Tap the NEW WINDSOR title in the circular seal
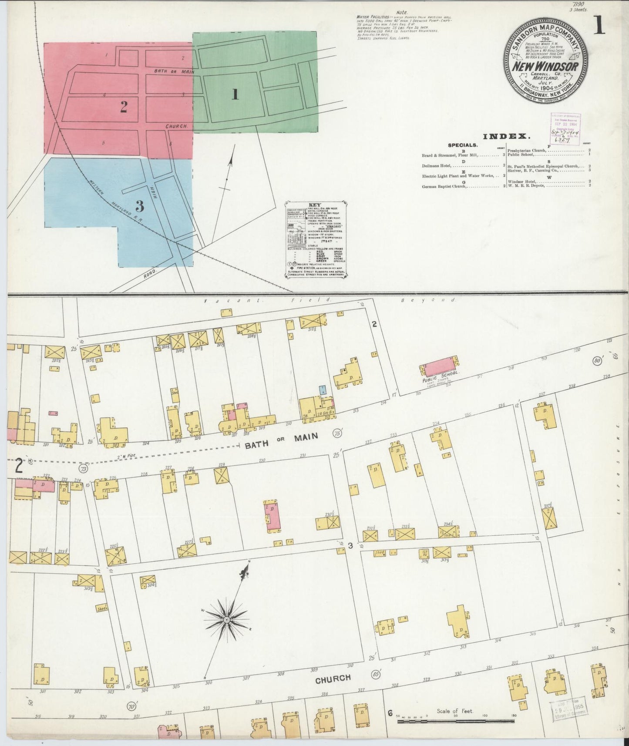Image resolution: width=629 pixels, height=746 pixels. tap(545, 67)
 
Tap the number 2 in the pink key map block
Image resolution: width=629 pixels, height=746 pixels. tap(124, 107)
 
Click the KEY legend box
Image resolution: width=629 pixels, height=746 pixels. tap(316, 240)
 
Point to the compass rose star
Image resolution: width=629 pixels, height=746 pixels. tap(227, 618)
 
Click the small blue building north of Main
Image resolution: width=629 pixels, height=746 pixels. tap(322, 390)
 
